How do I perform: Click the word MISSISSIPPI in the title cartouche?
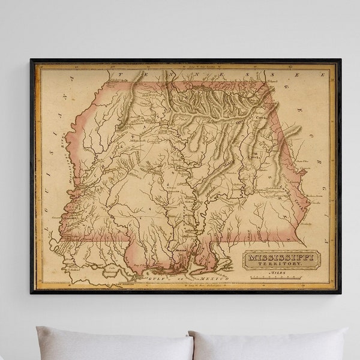[x=281, y=258]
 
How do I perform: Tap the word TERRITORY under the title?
[x=281, y=265]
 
